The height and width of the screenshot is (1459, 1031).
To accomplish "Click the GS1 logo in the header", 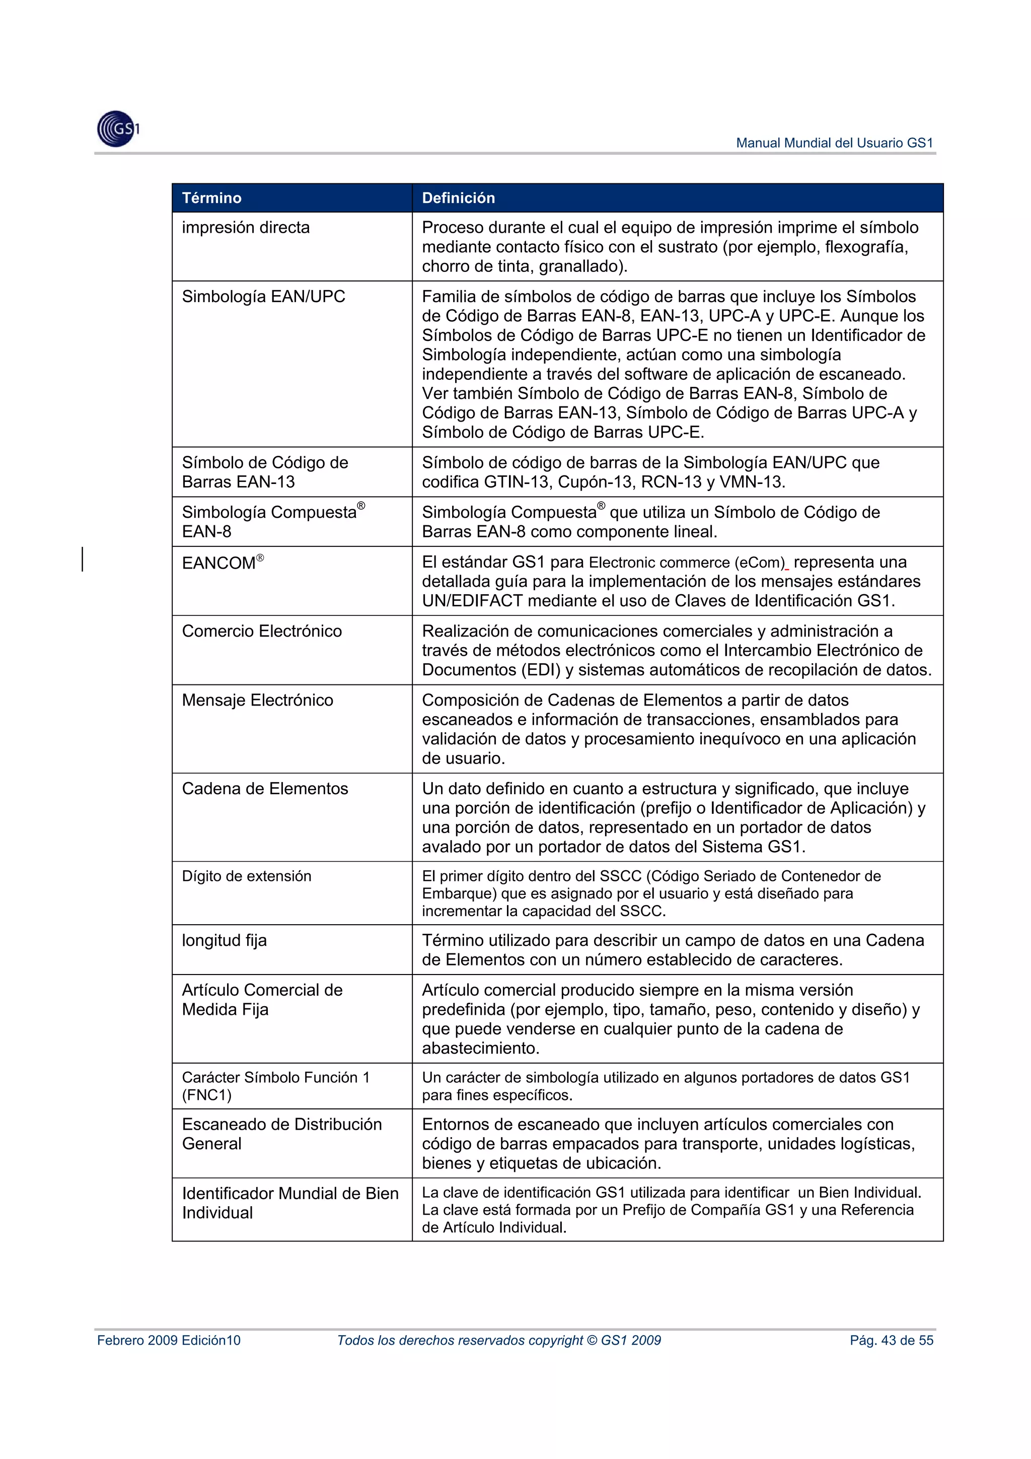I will pyautogui.click(x=117, y=129).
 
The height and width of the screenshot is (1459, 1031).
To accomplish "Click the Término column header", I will pyautogui.click(x=211, y=197).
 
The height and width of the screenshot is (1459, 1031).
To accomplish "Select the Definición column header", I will pyautogui.click(x=458, y=197).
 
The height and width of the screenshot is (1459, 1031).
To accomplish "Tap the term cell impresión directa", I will pyautogui.click(x=246, y=228).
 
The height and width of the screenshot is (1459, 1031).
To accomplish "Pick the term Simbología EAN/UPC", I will pyautogui.click(x=263, y=297).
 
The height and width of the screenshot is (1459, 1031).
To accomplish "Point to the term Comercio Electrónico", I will pyautogui.click(x=262, y=631).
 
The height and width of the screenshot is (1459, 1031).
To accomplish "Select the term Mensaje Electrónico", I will pyautogui.click(x=257, y=700).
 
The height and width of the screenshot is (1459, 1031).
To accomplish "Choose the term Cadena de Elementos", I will pyautogui.click(x=265, y=789).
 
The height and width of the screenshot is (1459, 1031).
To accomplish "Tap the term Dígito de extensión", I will pyautogui.click(x=247, y=876).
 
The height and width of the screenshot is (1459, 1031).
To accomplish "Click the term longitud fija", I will pyautogui.click(x=224, y=940).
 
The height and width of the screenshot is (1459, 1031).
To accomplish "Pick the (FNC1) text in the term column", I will pyautogui.click(x=206, y=1095).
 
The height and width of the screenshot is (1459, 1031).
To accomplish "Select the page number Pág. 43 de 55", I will pyautogui.click(x=891, y=1340).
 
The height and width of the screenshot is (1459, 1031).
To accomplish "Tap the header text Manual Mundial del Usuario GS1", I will pyautogui.click(x=834, y=143).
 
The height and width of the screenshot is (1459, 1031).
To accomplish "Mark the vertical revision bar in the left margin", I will pyautogui.click(x=83, y=559).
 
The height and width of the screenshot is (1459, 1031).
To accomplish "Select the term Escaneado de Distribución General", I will pyautogui.click(x=281, y=1134).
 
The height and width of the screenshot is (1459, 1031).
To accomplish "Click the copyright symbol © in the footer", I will pyautogui.click(x=592, y=1340).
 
